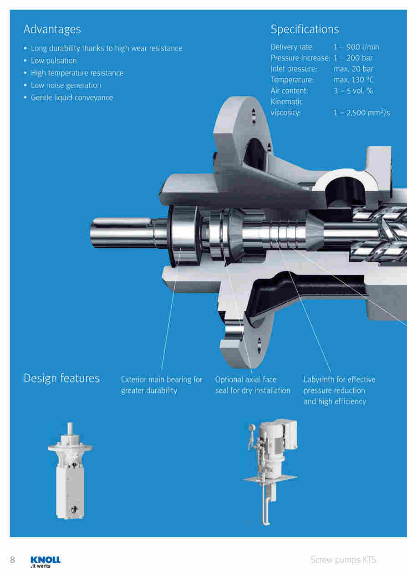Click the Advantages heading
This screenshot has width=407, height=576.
pos(52,29)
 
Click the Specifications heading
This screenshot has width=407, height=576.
pos(305,29)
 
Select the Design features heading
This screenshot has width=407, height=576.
pos(61,378)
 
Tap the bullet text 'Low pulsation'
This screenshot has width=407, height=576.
pos(54,61)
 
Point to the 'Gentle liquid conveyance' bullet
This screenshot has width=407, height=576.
pos(72,98)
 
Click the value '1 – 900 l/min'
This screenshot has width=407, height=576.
pos(356,47)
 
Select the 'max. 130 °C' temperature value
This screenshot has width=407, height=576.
pos(353,80)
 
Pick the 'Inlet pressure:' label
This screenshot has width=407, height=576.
pos(294,69)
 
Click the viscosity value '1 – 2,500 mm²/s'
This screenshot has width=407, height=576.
pos(361,112)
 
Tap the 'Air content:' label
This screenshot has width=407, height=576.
pos(289,91)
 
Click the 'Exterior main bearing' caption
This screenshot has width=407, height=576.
pos(162,385)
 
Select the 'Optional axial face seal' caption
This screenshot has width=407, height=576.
pos(253,385)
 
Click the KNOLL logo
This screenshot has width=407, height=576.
pos(46,562)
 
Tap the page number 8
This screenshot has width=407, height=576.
pos(12,560)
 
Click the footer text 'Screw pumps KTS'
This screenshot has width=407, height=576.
pos(343,560)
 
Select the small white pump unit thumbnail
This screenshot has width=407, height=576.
pos(70,470)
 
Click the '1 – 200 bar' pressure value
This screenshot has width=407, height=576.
pos(353,58)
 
